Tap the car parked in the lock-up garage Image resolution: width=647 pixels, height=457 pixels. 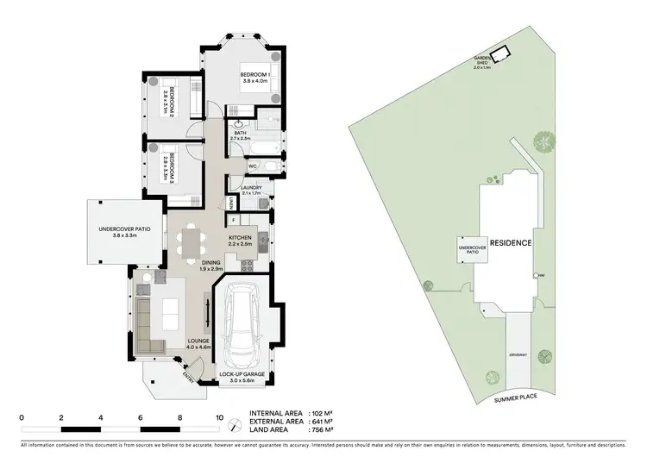(246, 323)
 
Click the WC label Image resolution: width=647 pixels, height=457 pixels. (254, 166)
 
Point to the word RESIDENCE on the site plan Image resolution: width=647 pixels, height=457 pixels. (511, 243)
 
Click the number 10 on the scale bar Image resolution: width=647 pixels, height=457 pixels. (219, 416)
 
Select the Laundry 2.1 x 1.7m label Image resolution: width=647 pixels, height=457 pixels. (251, 190)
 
